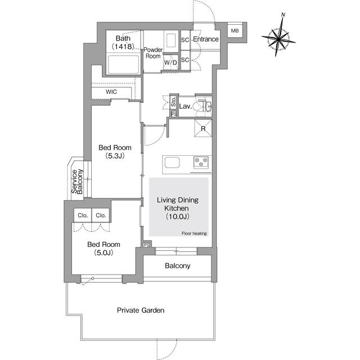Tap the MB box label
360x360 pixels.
pos(235,31)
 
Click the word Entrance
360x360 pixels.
pos(206,39)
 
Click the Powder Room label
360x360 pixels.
pos(153,53)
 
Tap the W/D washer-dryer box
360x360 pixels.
pos(170,62)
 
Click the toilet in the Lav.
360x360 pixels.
pos(201,106)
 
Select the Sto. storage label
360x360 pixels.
pos(174,103)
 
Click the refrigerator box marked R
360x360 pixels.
pos(202,129)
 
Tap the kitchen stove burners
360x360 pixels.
pos(201,163)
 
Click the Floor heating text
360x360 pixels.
pos(193,233)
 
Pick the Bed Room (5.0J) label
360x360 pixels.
pos(103,249)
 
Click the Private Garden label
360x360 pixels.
pos(141,310)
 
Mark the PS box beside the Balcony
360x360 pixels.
pos(147,245)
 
